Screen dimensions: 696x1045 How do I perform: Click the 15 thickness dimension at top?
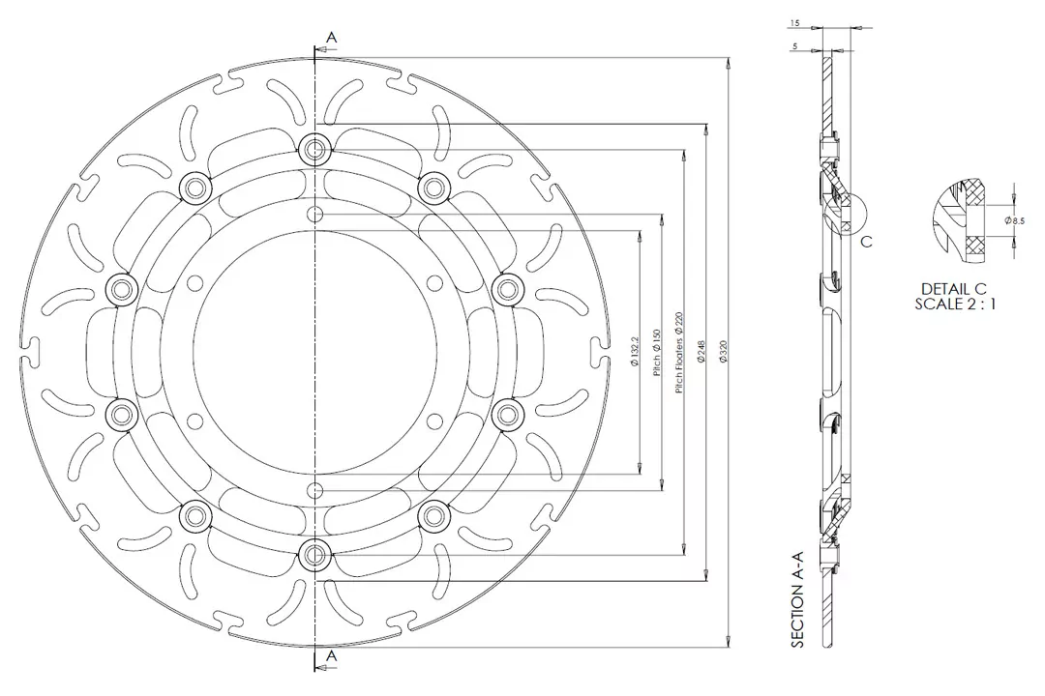tap(793, 21)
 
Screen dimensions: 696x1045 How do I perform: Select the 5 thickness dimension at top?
tap(793, 44)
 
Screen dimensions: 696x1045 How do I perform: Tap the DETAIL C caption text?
tap(954, 288)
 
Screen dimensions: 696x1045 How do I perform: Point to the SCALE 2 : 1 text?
tap(954, 303)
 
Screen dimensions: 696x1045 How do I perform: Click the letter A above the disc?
tap(332, 37)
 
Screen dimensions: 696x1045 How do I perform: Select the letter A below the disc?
tap(332, 655)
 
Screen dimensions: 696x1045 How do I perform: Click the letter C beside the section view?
tap(867, 242)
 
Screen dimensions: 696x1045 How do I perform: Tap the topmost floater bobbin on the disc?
tap(313, 148)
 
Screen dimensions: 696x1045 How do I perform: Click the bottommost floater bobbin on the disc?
tap(313, 554)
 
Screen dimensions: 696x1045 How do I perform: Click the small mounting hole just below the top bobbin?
tap(313, 213)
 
